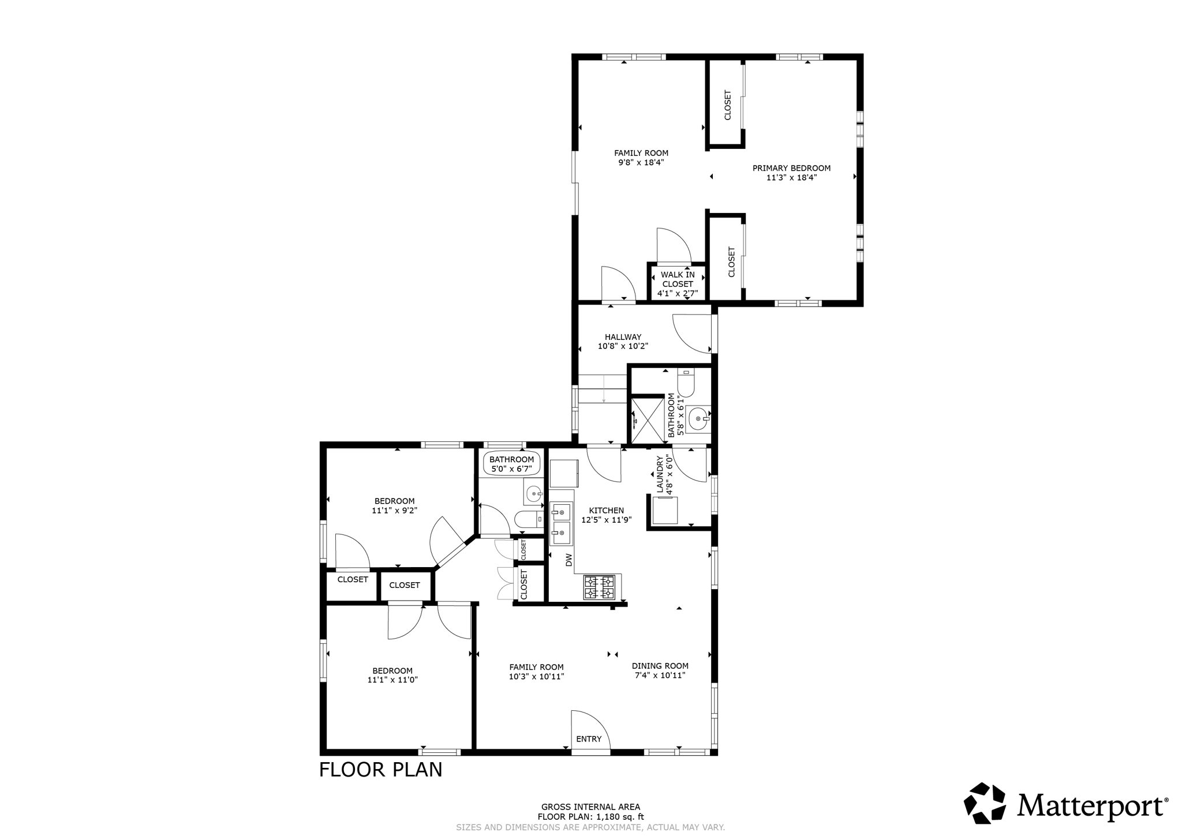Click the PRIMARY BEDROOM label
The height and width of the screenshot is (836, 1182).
(x=791, y=168)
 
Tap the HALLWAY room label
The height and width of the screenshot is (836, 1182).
(x=623, y=337)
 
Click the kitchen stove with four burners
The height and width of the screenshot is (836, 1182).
(x=599, y=587)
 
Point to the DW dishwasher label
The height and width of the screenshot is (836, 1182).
(x=568, y=560)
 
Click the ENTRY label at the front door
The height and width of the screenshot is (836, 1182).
(x=589, y=739)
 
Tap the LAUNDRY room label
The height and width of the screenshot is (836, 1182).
(x=660, y=475)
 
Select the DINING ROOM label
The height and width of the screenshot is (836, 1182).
(x=660, y=665)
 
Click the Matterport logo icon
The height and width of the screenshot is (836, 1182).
(x=985, y=803)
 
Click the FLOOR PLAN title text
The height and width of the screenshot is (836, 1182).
(x=380, y=770)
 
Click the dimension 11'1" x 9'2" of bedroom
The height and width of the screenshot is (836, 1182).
(x=394, y=511)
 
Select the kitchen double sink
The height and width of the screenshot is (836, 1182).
(x=561, y=525)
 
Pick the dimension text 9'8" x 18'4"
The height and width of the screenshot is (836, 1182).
(x=641, y=163)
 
